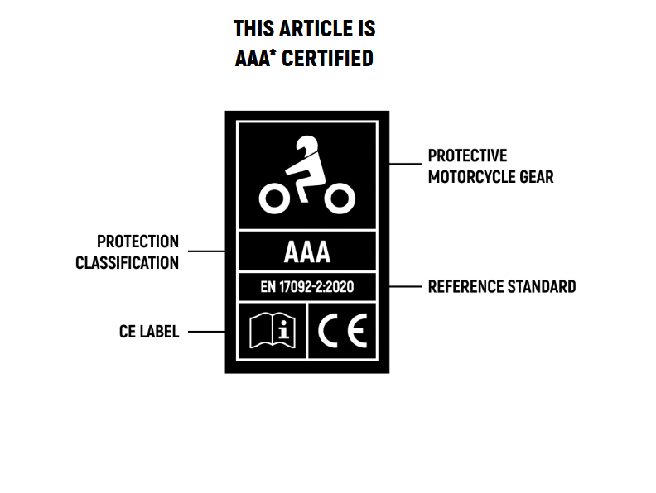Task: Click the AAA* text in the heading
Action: (255, 59)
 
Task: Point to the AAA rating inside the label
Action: (307, 251)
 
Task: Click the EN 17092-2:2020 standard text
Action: (307, 287)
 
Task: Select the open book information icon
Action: (273, 330)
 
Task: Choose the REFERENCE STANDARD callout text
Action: (501, 287)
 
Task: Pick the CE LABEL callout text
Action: (149, 333)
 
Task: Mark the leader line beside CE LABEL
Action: (205, 333)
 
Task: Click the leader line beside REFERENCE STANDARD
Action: (405, 287)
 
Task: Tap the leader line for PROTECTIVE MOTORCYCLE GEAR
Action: (405, 164)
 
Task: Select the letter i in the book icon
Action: (283, 330)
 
